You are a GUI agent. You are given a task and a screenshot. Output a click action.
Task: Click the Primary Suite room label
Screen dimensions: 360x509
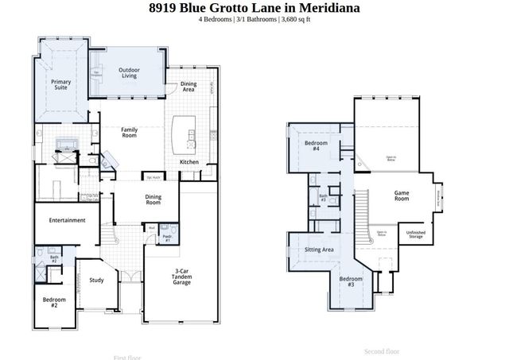coord(61,85)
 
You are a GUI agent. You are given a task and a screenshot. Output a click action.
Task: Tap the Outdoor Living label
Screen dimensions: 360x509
coord(130,74)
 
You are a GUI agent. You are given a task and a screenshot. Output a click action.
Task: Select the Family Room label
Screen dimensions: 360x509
coord(130,133)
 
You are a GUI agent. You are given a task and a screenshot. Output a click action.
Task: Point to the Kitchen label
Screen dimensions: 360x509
coord(188,162)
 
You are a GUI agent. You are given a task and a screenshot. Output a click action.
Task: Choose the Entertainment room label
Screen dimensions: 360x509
coord(67,220)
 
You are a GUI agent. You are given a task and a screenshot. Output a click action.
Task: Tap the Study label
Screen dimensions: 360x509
coord(96,280)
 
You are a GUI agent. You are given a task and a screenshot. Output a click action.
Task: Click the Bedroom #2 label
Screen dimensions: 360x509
coord(54,302)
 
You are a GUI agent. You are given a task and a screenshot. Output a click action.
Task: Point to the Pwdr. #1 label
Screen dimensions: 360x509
coord(168,238)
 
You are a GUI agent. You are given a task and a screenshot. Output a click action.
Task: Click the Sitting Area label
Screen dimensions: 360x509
coord(319,250)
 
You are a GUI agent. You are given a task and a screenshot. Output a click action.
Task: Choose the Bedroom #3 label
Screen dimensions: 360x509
coord(352,282)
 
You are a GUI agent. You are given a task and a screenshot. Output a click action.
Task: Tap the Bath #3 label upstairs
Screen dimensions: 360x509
coord(323,198)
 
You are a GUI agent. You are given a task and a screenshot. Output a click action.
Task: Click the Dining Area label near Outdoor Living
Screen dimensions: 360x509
coord(188,87)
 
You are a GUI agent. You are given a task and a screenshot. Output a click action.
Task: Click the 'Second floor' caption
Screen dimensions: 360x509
coord(382,350)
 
